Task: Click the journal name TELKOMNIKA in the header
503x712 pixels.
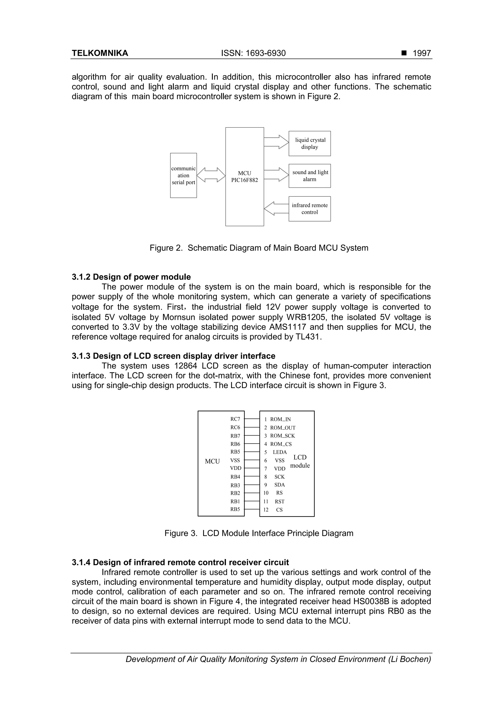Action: (100, 53)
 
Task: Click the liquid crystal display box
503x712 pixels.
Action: (310, 143)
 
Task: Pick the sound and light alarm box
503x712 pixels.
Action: (310, 176)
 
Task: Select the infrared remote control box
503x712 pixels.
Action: (310, 209)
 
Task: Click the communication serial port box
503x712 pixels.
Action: (183, 175)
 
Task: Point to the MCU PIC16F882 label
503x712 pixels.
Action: (245, 176)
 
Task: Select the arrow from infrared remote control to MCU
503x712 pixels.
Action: (276, 208)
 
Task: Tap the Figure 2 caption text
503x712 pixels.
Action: (259, 248)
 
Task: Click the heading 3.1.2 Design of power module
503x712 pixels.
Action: (131, 277)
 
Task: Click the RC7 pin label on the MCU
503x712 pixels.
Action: (235, 419)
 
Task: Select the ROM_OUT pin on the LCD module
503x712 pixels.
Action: (282, 428)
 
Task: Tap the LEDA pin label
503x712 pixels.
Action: (279, 452)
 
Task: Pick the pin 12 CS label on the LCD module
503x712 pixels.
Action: (279, 510)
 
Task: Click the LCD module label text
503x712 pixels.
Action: (300, 461)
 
